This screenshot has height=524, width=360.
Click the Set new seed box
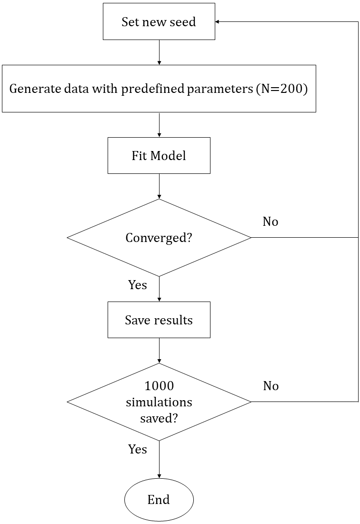pos(159,22)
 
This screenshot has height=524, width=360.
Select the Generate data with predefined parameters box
pos(159,89)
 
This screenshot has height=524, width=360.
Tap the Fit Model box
pos(159,156)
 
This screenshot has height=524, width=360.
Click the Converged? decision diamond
pos(159,238)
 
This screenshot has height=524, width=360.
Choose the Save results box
pos(159,320)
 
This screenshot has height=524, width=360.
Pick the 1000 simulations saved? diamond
pos(159,402)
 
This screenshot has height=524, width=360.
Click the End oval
pos(159,500)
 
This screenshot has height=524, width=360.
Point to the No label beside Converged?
pos(270,222)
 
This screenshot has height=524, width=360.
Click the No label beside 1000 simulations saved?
pos(270,386)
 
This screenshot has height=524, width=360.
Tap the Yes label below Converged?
pos(138,285)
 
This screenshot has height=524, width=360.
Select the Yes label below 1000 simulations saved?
pos(138,449)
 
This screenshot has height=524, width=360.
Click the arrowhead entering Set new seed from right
pos(218,22)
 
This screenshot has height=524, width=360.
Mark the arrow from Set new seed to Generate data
pos(159,52)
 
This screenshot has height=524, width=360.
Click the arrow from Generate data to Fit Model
pos(159,125)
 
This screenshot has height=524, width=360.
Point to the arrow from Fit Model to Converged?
pos(159,186)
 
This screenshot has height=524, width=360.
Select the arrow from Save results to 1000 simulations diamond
pos(159,351)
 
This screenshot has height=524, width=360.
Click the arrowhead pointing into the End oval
pos(159,476)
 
